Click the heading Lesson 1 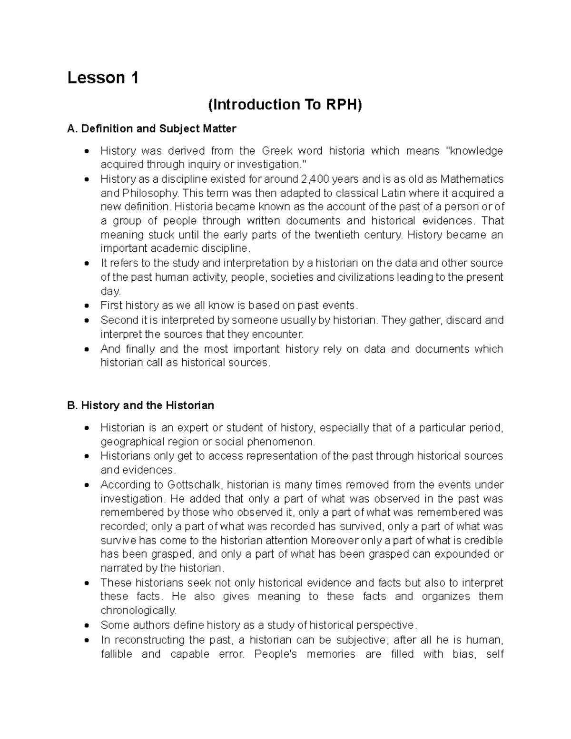(x=103, y=78)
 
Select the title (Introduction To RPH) (x=285, y=105)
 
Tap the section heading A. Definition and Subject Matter (x=152, y=129)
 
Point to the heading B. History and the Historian (x=141, y=406)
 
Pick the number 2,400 (x=315, y=179)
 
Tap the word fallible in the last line (x=116, y=654)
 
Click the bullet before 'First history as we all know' (x=86, y=306)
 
